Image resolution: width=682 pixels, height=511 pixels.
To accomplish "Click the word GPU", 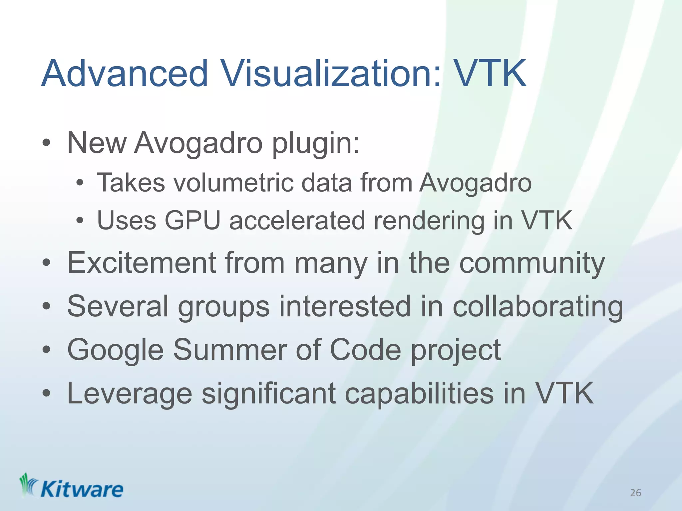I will (x=192, y=220).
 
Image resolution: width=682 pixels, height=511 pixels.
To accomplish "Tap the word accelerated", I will (x=297, y=220).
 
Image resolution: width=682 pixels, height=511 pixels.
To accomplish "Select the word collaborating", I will (x=537, y=307).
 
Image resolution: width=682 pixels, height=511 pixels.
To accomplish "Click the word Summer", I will (x=230, y=350).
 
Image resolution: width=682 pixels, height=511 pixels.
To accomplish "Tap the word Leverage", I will (x=130, y=394).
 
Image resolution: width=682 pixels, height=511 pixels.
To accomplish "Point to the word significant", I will (x=269, y=394).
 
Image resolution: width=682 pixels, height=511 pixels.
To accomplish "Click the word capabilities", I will (x=419, y=394).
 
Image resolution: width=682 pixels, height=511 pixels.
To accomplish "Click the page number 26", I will (x=635, y=493).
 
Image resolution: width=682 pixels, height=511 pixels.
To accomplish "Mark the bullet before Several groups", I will (x=46, y=306).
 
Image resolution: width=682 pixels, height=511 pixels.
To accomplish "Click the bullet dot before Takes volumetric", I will (x=79, y=183).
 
